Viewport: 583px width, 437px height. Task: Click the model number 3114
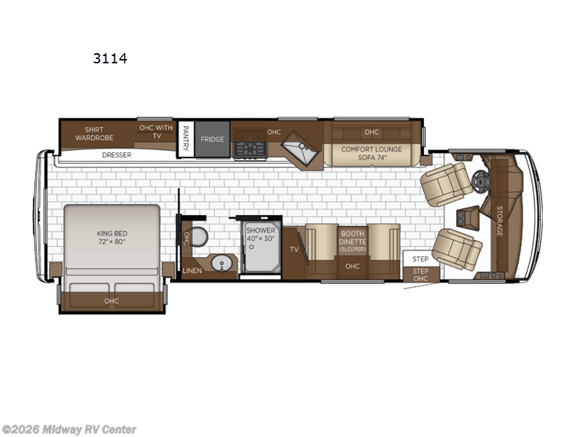[110, 58]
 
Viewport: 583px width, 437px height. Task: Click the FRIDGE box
[212, 139]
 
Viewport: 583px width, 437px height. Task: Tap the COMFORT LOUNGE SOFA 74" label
[371, 152]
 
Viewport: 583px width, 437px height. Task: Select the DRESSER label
[117, 154]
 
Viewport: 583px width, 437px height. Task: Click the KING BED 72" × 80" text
[111, 238]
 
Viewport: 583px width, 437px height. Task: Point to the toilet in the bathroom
[200, 237]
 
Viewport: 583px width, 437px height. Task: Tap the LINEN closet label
[192, 271]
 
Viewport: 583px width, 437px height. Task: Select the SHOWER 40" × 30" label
[260, 235]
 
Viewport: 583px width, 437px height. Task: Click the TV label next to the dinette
[294, 249]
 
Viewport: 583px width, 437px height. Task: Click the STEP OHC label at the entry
[420, 275]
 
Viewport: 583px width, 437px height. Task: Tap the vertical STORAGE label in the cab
[499, 220]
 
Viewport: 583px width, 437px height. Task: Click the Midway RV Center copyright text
[69, 430]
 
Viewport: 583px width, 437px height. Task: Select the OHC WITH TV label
[156, 132]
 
